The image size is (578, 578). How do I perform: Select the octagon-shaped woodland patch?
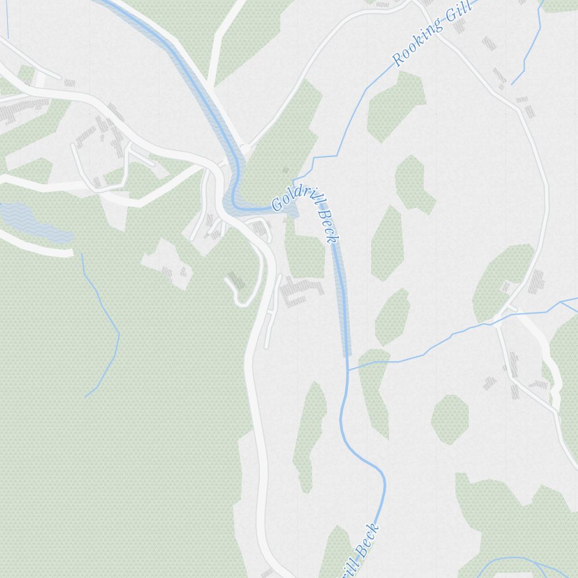(x=450, y=419)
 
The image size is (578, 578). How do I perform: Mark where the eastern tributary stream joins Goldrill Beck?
(x=348, y=369)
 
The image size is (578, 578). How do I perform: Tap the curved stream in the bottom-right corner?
(x=520, y=561)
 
